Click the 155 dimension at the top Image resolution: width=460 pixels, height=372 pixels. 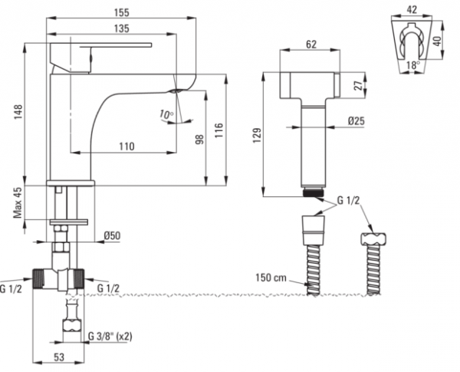tap(122, 12)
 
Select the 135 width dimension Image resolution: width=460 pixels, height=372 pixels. tap(121, 29)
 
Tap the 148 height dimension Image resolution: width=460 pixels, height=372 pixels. tap(18, 111)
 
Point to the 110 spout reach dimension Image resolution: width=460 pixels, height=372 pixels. tap(127, 146)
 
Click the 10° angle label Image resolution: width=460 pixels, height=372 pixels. tap(166, 114)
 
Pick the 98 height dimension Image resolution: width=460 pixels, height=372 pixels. tap(199, 140)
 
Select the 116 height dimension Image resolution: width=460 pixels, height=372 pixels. tap(219, 130)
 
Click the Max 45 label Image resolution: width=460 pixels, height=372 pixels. tap(18, 203)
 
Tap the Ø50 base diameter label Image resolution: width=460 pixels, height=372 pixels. tap(113, 235)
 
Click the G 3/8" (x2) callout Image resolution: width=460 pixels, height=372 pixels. tap(110, 337)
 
